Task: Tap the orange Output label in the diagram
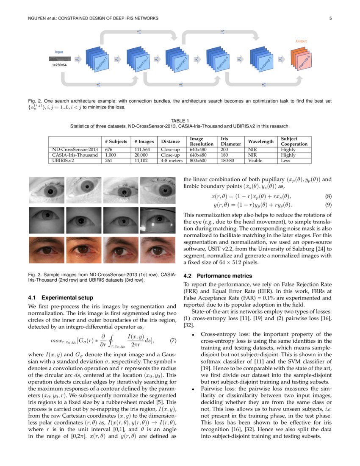(301, 42)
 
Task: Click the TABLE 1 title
(180, 121)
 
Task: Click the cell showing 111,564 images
(142, 150)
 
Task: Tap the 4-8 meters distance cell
(171, 161)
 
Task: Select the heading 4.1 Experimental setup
(63, 297)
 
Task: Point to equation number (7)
(173, 341)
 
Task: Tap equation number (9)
(328, 205)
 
